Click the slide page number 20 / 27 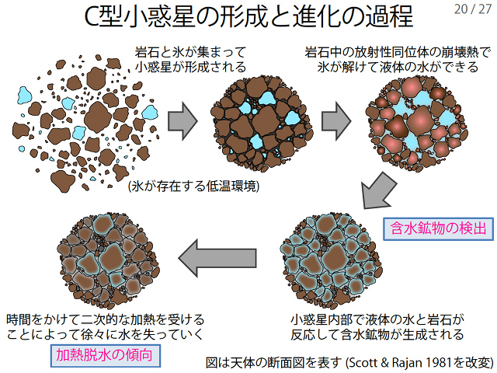(470, 10)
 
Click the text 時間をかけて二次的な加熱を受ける (105, 319)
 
